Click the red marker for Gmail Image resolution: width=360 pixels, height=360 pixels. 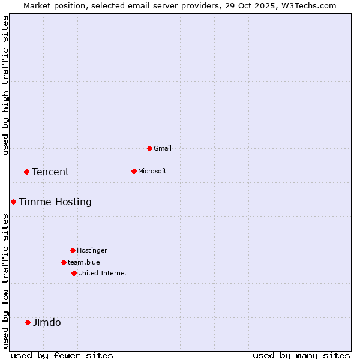click(x=149, y=148)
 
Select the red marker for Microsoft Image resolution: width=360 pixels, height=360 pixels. click(x=134, y=171)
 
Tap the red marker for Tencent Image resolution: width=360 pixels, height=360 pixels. click(x=26, y=172)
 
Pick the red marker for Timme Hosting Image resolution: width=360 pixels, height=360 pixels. click(x=13, y=202)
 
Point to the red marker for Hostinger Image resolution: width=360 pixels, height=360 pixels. click(x=73, y=250)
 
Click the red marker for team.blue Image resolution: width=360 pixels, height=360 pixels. click(x=64, y=262)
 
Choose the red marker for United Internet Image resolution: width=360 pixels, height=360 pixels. click(x=74, y=273)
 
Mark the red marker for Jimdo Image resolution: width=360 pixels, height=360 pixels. click(x=28, y=322)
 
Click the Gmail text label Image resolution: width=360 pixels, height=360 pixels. click(x=163, y=148)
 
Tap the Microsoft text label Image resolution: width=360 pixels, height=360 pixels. click(x=152, y=171)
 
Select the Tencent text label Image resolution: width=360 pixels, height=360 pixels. click(x=50, y=172)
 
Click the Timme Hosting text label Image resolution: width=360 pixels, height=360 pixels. click(x=55, y=202)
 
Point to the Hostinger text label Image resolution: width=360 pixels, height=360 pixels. click(x=92, y=250)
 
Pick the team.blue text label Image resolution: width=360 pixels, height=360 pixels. click(x=84, y=262)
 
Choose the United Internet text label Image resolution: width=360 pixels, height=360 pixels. click(x=103, y=273)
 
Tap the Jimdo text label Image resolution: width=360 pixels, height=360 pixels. click(x=47, y=322)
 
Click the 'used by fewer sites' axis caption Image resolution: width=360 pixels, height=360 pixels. click(x=62, y=355)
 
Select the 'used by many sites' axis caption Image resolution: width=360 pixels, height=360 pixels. click(x=301, y=355)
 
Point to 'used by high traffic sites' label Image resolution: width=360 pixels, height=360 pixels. click(x=5, y=85)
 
